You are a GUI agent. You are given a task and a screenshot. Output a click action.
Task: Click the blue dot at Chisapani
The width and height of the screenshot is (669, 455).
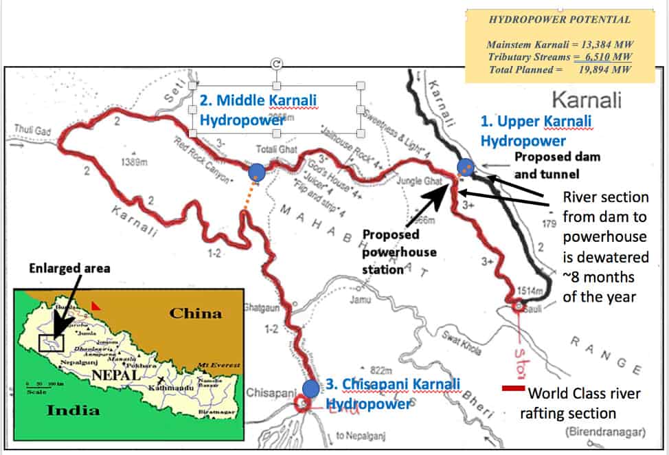(310, 388)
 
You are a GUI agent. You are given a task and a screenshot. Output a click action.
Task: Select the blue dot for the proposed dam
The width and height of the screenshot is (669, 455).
(466, 167)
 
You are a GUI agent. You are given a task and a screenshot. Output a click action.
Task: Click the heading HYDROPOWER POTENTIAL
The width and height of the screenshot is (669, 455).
(559, 20)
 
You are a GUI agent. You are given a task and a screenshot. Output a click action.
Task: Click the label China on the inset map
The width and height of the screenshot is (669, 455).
(196, 313)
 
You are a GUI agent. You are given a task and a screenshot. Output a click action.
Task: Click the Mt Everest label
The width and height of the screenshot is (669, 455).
(218, 364)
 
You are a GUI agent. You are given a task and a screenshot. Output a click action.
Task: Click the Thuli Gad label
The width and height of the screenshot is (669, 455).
(33, 129)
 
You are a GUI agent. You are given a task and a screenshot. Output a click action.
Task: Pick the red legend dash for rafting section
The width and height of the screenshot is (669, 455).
(513, 389)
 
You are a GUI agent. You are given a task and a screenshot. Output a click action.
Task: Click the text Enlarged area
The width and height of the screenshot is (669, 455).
(69, 267)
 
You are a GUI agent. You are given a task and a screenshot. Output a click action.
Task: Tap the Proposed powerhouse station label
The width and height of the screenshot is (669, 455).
(399, 252)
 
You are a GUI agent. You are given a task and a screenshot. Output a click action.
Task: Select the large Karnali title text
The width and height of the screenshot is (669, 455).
(587, 100)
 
